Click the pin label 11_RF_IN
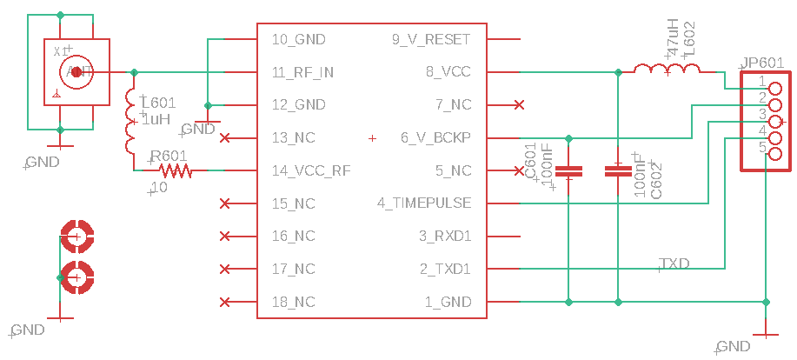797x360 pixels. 302,72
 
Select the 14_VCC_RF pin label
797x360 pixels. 307,170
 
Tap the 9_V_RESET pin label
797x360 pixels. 431,39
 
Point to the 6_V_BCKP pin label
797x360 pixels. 435,137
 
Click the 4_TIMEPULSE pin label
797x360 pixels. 424,203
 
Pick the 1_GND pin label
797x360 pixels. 448,302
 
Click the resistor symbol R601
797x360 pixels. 174,170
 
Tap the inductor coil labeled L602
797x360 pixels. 667,71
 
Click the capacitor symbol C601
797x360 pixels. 568,170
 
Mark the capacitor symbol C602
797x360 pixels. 618,170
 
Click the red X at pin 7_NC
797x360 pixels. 519,105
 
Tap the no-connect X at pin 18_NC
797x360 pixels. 225,302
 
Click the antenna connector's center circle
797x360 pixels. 76,72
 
